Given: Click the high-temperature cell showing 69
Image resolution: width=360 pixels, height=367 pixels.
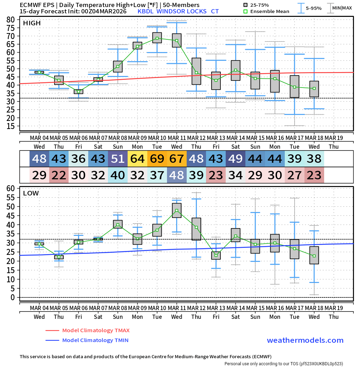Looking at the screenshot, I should [x=157, y=159].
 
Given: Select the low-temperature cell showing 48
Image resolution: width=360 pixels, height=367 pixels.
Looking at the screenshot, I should [x=177, y=175].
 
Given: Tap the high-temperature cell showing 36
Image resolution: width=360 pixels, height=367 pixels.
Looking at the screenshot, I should [x=78, y=159].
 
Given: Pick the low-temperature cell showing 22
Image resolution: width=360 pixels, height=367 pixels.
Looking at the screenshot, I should [x=59, y=175].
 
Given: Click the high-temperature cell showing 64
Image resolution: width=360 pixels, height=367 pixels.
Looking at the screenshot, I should [x=137, y=159].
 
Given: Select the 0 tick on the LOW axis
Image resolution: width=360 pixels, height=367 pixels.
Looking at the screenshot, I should [x=13, y=297].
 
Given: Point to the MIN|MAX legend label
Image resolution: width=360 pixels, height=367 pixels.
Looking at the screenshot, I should [x=342, y=8].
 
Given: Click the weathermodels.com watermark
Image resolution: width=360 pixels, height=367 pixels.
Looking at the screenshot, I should [x=305, y=340].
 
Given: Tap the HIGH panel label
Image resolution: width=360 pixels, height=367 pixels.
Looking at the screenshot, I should [x=32, y=23].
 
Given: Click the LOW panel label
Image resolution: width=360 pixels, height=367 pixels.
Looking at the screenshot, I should [x=31, y=193].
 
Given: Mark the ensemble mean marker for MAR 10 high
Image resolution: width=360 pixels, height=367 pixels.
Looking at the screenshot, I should [x=157, y=38].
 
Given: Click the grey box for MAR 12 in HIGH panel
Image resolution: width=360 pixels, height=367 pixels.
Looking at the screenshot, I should [x=197, y=71].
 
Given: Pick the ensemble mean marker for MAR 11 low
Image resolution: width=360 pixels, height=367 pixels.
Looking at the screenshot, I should [x=177, y=211].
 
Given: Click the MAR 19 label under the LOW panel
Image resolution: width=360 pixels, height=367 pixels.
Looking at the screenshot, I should [x=334, y=308].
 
